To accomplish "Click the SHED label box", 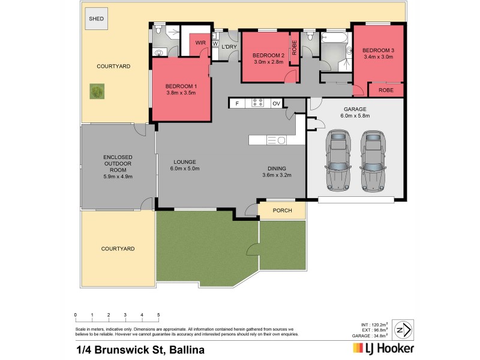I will pyautogui.click(x=96, y=19).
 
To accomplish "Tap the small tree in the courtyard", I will pyautogui.click(x=96, y=92).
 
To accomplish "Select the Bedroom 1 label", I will pyautogui.click(x=181, y=86).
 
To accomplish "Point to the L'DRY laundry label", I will pyautogui.click(x=229, y=47).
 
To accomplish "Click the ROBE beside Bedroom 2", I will pyautogui.click(x=294, y=47).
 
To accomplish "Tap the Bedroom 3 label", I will pyautogui.click(x=377, y=49).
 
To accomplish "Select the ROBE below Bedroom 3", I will pyautogui.click(x=386, y=89).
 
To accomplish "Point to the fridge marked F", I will pyautogui.click(x=237, y=104).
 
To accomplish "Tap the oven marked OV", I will pyautogui.click(x=276, y=104).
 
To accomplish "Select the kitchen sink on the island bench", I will pyautogui.click(x=280, y=140).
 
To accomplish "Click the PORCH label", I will pyautogui.click(x=282, y=211).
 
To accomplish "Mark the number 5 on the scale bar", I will pyautogui.click(x=158, y=314).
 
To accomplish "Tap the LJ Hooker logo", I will pyautogui.click(x=378, y=349).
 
